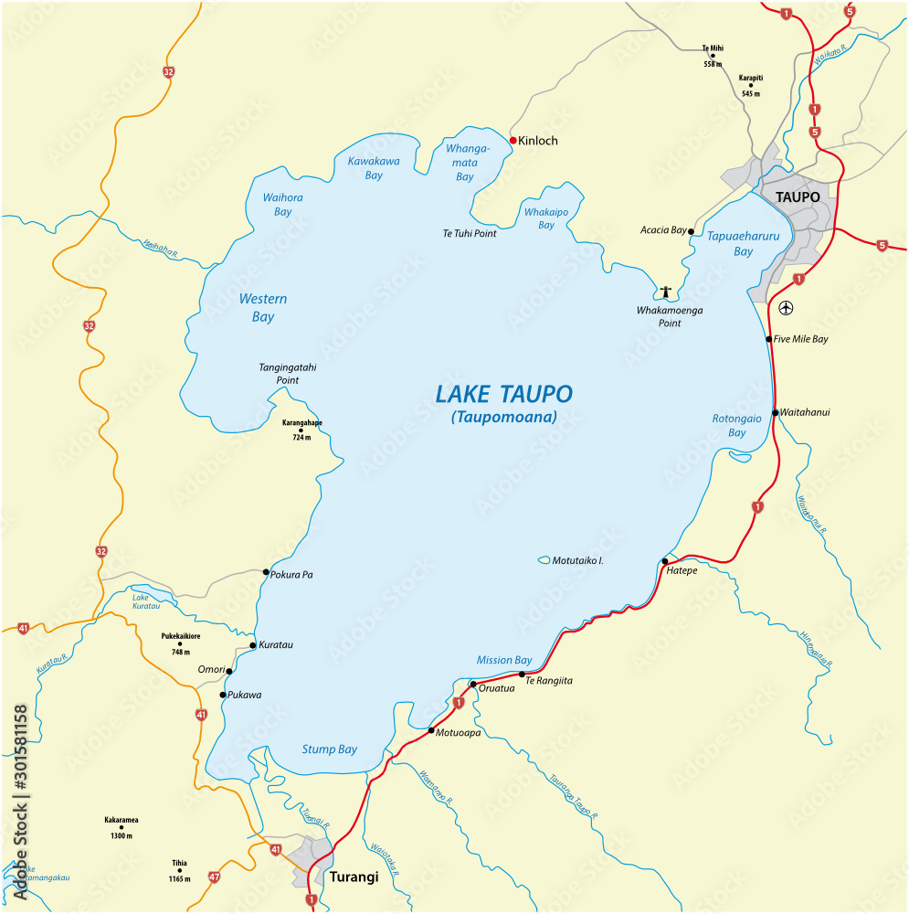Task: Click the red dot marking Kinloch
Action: [513, 141]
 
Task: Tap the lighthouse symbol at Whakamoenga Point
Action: [666, 292]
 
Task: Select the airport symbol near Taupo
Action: [786, 307]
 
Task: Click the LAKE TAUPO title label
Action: [503, 395]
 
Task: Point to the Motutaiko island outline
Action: [544, 560]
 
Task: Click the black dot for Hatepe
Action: [664, 561]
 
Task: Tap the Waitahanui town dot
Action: [775, 413]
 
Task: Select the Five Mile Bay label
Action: [801, 339]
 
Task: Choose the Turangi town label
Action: [352, 877]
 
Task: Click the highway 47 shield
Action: [215, 877]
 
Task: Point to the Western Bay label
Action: [262, 308]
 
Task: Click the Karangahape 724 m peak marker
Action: [301, 430]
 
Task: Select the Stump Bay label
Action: [330, 749]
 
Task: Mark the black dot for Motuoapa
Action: [431, 730]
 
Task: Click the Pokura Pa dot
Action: [266, 572]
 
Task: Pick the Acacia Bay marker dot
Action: [691, 231]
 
